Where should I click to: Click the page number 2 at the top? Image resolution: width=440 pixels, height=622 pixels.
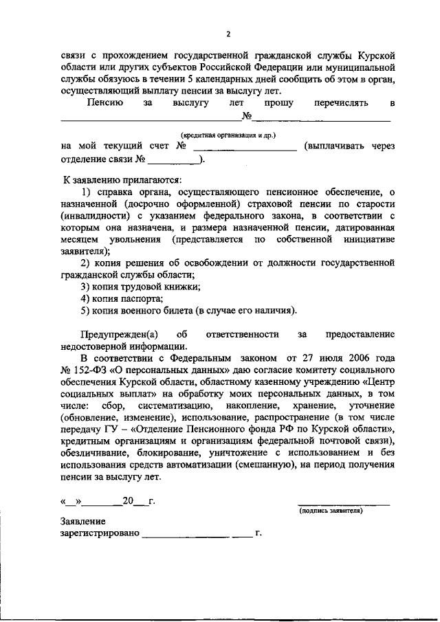(x=228, y=34)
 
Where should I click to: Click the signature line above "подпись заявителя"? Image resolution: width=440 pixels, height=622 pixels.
(x=343, y=504)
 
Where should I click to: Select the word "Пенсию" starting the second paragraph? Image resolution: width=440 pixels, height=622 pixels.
(x=105, y=102)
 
